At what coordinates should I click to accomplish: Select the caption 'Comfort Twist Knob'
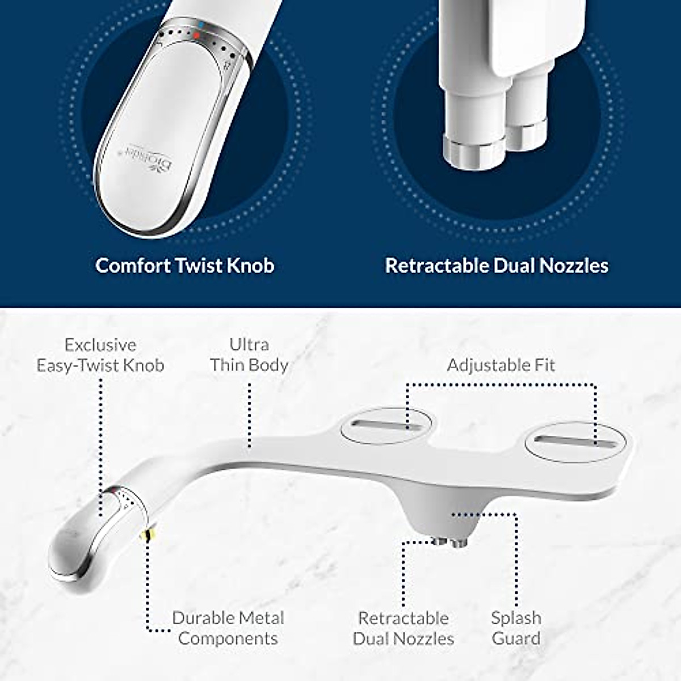(185, 266)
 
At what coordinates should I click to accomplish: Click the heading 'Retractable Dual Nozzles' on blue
(497, 266)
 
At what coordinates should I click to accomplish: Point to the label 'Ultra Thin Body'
(249, 355)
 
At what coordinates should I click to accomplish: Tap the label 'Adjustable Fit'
(501, 365)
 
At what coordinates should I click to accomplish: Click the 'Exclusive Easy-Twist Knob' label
(100, 355)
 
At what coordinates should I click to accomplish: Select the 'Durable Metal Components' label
(228, 628)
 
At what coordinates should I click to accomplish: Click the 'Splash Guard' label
(516, 628)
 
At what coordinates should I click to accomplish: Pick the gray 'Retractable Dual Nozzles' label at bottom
(403, 628)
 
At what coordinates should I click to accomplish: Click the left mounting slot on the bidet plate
(386, 426)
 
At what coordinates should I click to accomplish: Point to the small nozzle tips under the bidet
(450, 542)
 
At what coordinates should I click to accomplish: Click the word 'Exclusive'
(100, 345)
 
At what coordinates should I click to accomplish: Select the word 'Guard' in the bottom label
(516, 638)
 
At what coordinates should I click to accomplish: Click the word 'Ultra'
(249, 344)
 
